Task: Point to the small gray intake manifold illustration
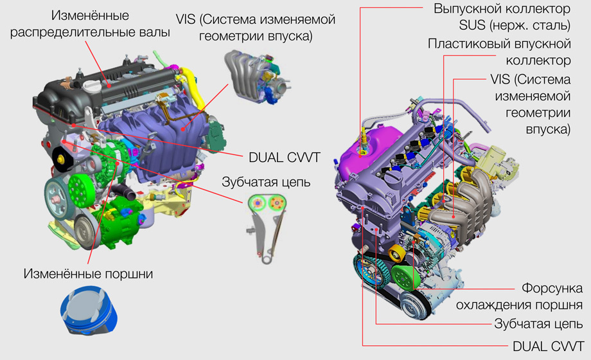(255, 74)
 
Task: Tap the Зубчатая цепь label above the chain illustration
(267, 181)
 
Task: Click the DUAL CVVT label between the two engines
(284, 156)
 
